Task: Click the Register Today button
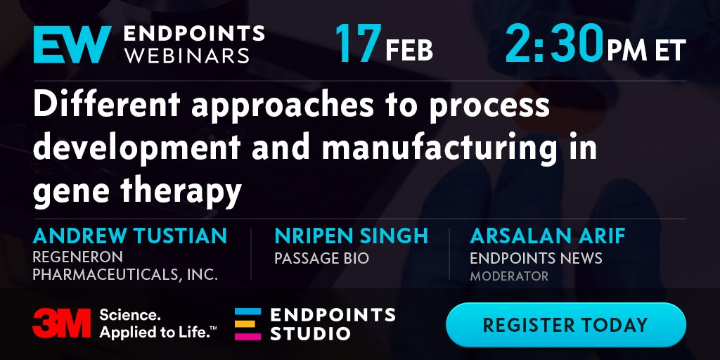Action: (x=566, y=325)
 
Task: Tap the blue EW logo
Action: (x=72, y=44)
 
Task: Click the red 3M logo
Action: (x=62, y=323)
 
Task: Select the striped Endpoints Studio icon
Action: (x=247, y=323)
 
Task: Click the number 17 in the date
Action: (x=358, y=44)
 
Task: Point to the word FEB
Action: (x=409, y=51)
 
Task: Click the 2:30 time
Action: (x=554, y=44)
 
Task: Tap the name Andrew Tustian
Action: (x=130, y=236)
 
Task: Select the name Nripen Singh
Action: (x=352, y=236)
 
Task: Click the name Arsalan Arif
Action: (x=548, y=236)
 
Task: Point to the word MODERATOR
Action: (x=509, y=276)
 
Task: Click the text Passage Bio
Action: (x=321, y=258)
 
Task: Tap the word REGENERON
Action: (x=77, y=257)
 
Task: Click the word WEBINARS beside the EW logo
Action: (x=186, y=56)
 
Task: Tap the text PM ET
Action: (x=647, y=51)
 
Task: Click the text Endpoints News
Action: (x=536, y=258)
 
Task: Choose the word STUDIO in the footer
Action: (x=310, y=333)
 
